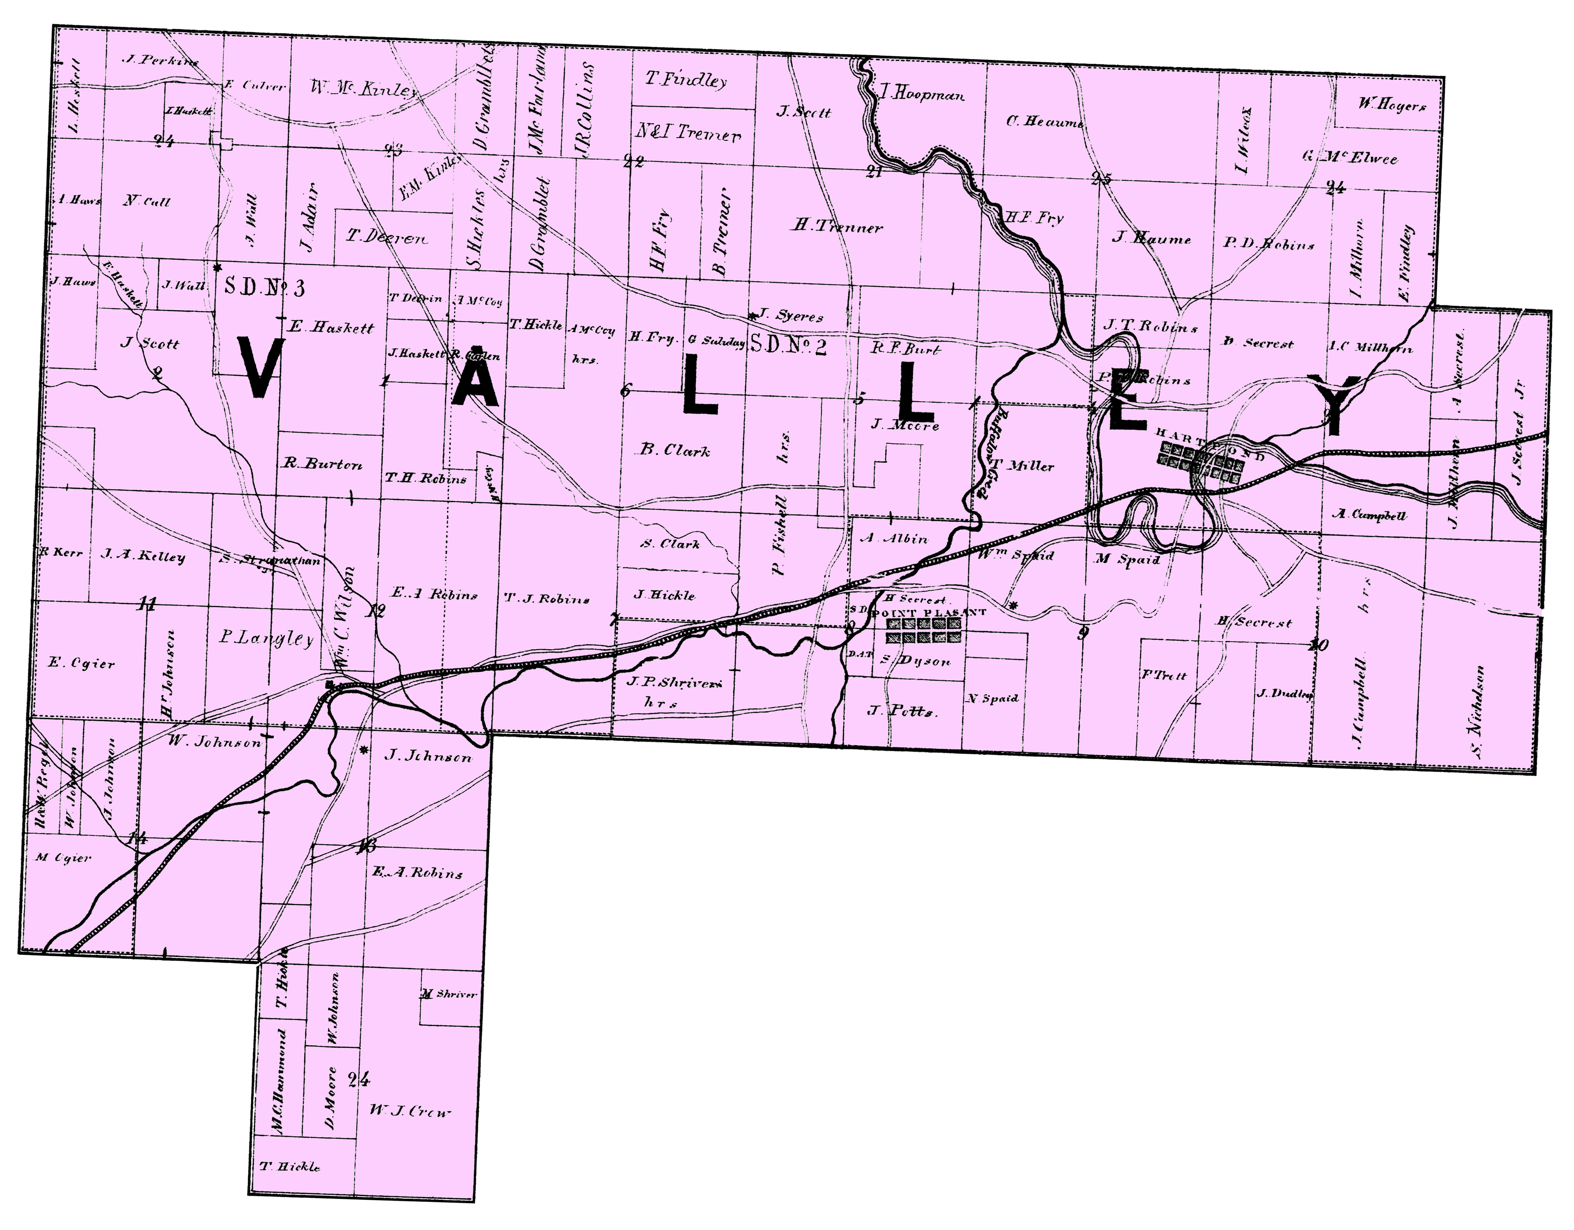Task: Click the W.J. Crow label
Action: (x=411, y=1110)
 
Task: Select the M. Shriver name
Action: (x=448, y=994)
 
